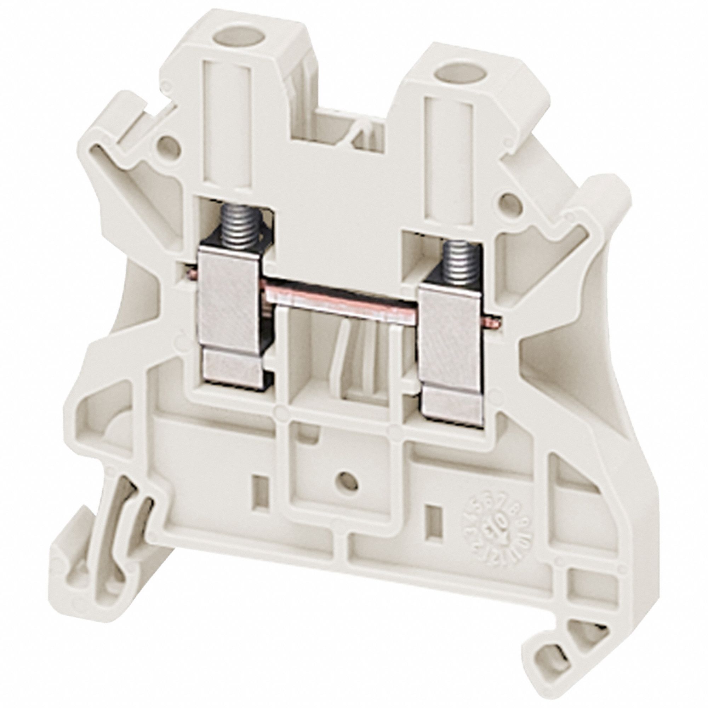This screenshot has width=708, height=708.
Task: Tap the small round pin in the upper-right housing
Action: coord(508,201)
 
